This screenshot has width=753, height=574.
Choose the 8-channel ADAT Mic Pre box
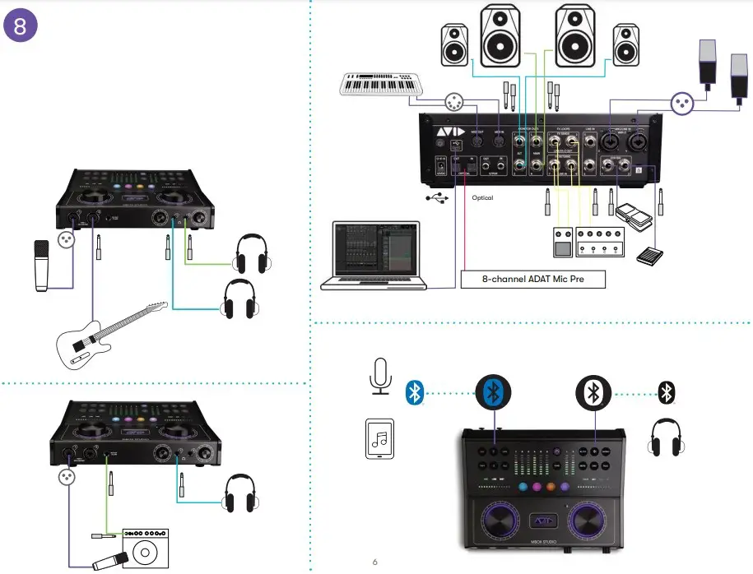point(532,280)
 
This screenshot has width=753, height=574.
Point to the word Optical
point(482,197)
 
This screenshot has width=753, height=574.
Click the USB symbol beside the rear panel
point(435,198)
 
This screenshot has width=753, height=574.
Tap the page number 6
point(374,562)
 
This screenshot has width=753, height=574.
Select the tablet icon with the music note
point(379,439)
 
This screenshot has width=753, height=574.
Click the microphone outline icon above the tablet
point(379,377)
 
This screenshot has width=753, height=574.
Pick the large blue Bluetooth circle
point(494,392)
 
